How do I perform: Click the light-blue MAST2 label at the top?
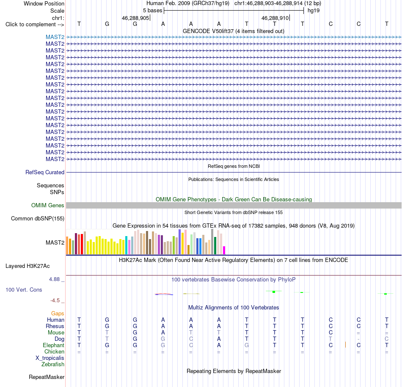tap(55, 37)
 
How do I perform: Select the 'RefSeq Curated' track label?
tap(45, 173)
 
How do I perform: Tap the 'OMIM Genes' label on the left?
tap(48, 206)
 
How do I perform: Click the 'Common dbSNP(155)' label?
tap(38, 219)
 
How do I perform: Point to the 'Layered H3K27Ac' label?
tap(28, 266)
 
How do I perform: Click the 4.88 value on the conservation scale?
tap(54, 279)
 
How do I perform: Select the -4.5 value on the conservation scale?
tap(55, 301)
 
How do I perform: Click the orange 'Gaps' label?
tap(58, 313)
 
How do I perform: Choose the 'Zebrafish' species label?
tap(53, 365)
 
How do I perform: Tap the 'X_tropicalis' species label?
tap(50, 358)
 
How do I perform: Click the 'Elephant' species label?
tap(54, 345)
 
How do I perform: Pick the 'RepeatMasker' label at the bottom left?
tap(47, 377)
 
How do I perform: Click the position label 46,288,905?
tap(135, 18)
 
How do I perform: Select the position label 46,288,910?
tap(275, 18)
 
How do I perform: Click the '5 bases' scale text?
tap(152, 11)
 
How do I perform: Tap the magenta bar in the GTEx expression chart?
tap(224, 251)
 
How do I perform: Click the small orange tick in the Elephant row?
tap(345, 345)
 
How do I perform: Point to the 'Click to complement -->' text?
tap(35, 25)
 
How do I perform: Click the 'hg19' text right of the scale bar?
tap(314, 11)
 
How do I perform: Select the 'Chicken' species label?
tap(54, 351)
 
